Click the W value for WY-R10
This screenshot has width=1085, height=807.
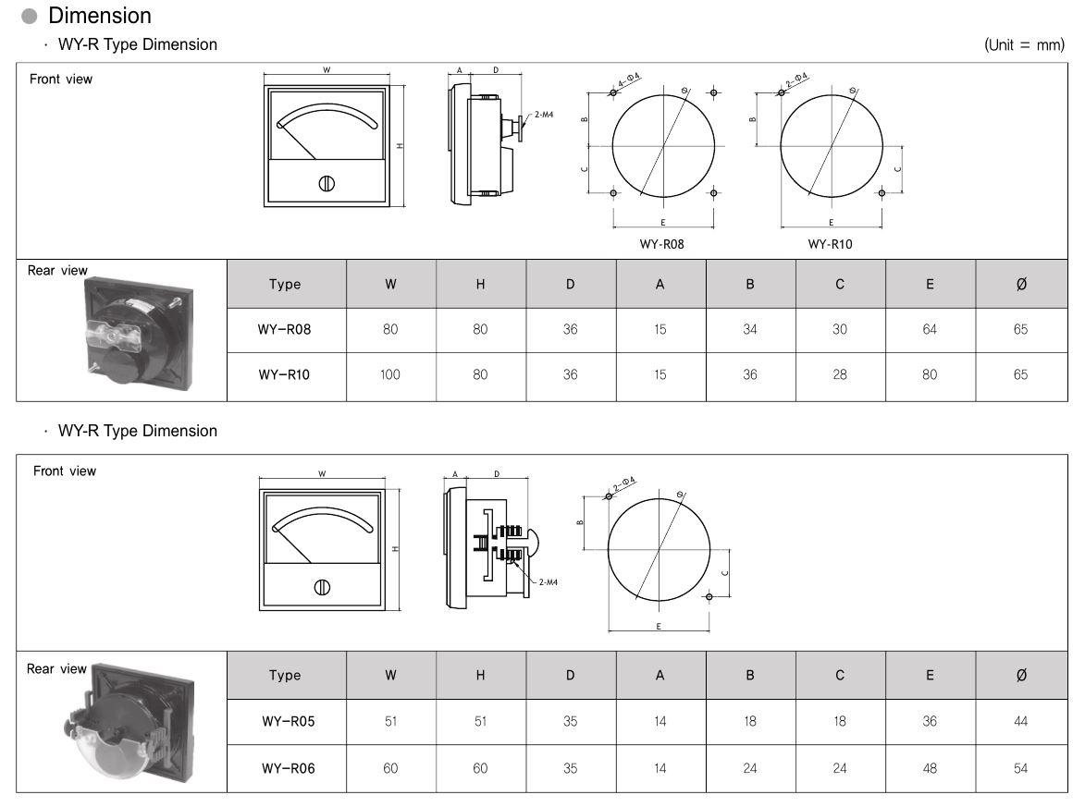tap(390, 374)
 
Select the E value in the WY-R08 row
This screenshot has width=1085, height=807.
tap(930, 330)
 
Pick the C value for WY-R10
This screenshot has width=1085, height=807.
tap(839, 374)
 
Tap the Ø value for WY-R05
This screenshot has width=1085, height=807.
tap(1020, 721)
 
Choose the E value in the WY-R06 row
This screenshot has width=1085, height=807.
tap(930, 768)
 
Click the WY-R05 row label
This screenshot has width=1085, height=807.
tap(288, 721)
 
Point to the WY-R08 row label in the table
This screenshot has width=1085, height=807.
tap(284, 330)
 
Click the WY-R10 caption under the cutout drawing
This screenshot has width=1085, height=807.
tap(830, 244)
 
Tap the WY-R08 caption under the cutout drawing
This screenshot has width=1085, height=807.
tap(661, 244)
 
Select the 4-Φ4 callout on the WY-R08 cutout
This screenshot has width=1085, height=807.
tap(629, 79)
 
